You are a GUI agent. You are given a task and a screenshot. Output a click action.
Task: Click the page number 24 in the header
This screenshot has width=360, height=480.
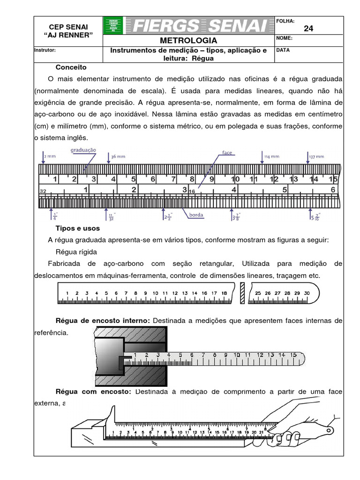click(x=308, y=29)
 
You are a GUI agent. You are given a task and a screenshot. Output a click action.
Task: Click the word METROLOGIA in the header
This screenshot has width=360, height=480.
click(x=188, y=40)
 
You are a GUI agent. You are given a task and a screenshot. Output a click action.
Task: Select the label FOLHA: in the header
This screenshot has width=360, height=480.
click(x=285, y=21)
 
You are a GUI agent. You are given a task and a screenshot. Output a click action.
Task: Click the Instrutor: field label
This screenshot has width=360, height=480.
click(x=45, y=50)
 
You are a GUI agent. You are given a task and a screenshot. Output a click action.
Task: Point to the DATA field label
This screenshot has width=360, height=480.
click(x=283, y=50)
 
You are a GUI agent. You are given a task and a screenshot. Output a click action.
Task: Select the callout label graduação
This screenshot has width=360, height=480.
click(x=83, y=150)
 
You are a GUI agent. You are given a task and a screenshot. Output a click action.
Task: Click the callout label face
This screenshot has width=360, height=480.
click(x=228, y=153)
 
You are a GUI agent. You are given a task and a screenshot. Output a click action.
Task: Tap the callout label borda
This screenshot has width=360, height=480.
click(x=196, y=215)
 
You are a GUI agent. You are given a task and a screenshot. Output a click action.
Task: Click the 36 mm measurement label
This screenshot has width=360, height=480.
click(x=118, y=156)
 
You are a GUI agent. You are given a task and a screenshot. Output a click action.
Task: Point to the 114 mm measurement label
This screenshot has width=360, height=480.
click(x=271, y=156)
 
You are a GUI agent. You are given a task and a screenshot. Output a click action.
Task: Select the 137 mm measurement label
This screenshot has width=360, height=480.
click(x=316, y=156)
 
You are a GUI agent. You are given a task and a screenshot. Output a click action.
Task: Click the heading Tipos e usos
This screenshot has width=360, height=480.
click(x=78, y=228)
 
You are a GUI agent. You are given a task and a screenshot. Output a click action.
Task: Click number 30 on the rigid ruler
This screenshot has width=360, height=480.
click(x=307, y=293)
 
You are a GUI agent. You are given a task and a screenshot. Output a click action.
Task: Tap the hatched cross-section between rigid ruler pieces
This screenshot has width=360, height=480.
click(x=242, y=293)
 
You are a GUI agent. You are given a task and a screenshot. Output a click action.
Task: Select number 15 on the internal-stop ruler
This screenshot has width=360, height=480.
click(x=292, y=355)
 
